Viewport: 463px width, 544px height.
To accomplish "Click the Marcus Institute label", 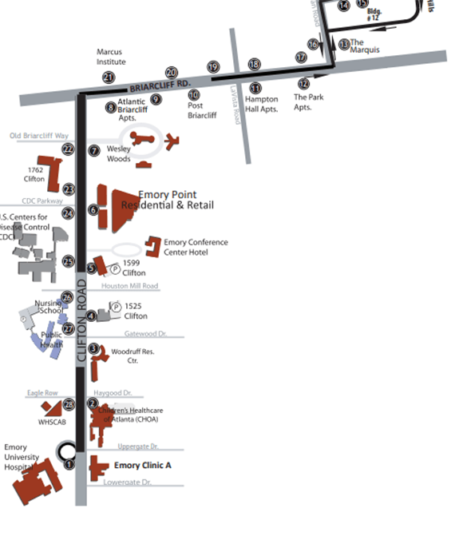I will point(109,57).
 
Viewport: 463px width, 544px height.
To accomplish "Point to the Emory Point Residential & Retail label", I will point(168,201).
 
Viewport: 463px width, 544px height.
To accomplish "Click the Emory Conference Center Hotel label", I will point(196,247).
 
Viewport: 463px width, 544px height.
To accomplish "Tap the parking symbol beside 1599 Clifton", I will point(114,268).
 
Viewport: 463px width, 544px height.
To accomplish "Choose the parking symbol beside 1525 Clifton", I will point(115,306).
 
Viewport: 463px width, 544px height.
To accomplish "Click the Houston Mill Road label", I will point(129,286).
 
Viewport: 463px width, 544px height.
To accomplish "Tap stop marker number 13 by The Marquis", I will point(344,44).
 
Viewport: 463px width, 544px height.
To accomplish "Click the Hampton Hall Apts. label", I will point(261,105).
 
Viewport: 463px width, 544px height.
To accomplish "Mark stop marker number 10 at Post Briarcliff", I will point(194,95).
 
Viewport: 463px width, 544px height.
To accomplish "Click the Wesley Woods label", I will point(118,153).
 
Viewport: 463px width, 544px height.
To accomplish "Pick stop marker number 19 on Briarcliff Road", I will point(213,68).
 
